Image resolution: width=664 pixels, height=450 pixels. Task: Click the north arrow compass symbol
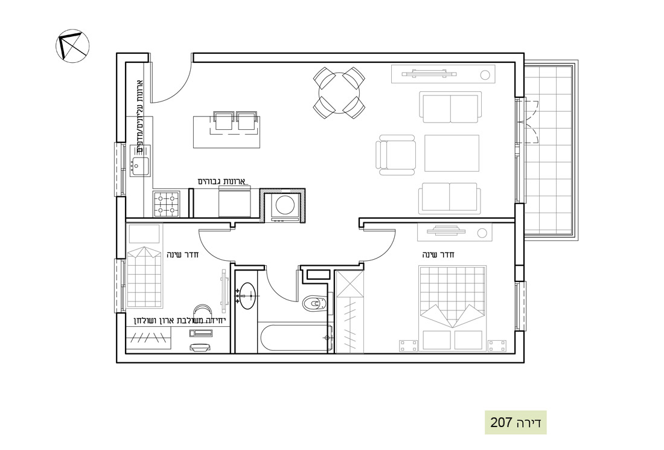(x=72, y=46)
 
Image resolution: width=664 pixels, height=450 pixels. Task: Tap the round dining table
(x=339, y=93)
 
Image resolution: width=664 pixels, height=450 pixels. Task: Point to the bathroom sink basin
(x=246, y=295)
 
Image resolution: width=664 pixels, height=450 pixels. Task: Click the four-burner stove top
(x=166, y=204)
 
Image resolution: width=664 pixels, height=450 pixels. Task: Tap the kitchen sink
(x=140, y=166)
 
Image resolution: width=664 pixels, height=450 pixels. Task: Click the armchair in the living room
(x=395, y=155)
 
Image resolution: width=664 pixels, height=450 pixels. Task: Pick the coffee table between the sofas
(x=452, y=153)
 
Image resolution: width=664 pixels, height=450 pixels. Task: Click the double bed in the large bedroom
(x=452, y=308)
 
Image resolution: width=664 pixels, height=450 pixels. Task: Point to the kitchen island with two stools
(x=226, y=131)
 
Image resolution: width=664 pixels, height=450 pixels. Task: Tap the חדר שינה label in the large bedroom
(x=438, y=255)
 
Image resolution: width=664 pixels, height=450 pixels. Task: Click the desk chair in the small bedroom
(x=203, y=308)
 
